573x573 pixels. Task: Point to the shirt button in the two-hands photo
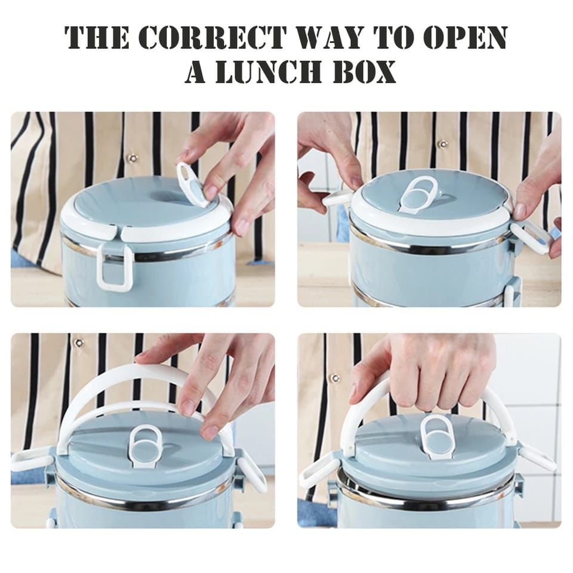pyautogui.click(x=442, y=144)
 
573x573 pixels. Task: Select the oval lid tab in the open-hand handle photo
pyautogui.click(x=146, y=445)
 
